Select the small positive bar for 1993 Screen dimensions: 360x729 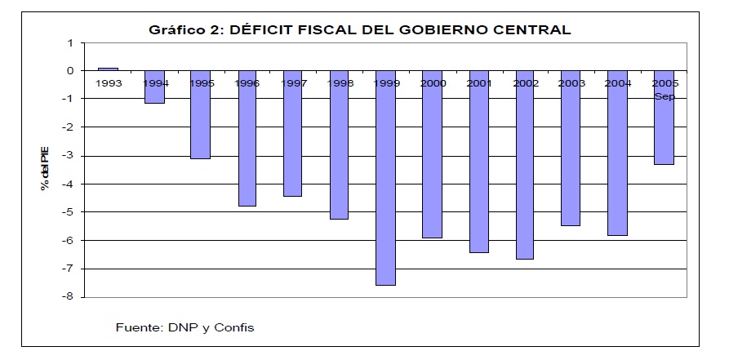pyautogui.click(x=108, y=69)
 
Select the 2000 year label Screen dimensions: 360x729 pyautogui.click(x=432, y=82)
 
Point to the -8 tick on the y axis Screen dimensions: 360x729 pyautogui.click(x=69, y=297)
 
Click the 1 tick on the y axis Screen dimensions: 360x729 pyautogui.click(x=71, y=42)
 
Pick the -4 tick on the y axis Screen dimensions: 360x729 pyautogui.click(x=69, y=184)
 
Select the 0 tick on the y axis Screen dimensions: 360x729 pyautogui.click(x=71, y=71)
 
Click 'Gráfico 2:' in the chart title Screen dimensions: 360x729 pyautogui.click(x=184, y=30)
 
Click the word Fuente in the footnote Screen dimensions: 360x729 pyautogui.click(x=137, y=328)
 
